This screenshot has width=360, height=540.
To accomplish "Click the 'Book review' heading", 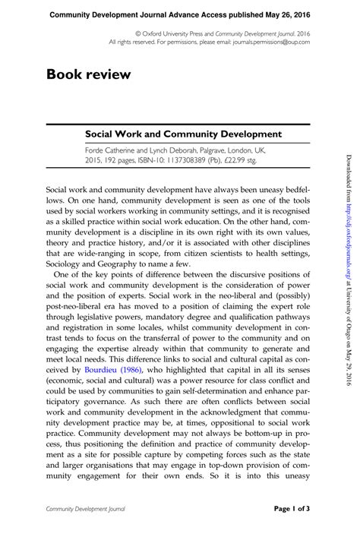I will coord(88,74).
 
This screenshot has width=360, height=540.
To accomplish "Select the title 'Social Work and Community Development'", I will coord(183,134).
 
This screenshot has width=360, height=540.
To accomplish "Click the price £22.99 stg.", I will coord(264,160).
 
